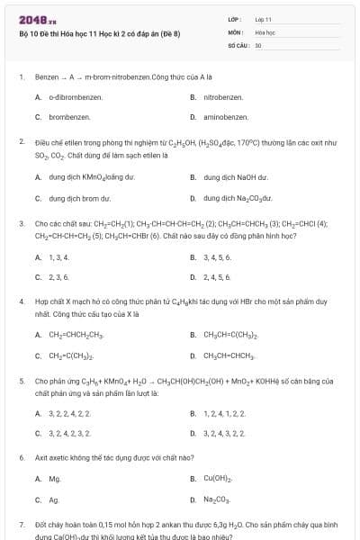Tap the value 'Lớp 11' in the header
pyautogui.click(x=263, y=19)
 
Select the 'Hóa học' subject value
pyautogui.click(x=265, y=31)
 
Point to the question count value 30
pyautogui.click(x=258, y=44)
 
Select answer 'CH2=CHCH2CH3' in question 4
pyautogui.click(x=76, y=337)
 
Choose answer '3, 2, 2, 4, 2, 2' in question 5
pyautogui.click(x=69, y=413)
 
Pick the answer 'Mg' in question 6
pyautogui.click(x=54, y=479)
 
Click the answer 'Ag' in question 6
pyautogui.click(x=53, y=499)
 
